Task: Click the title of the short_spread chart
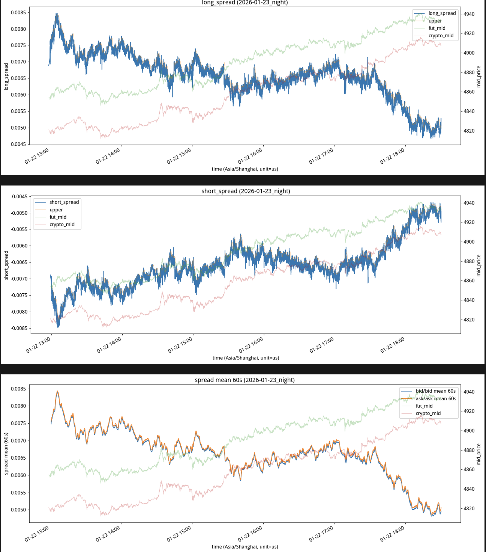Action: pos(246,191)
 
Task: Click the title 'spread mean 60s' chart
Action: pos(244,380)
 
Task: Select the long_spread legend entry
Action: pos(442,14)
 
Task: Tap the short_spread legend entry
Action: pos(64,202)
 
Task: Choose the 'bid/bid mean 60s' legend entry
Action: pos(435,391)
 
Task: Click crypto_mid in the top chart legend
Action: pos(441,36)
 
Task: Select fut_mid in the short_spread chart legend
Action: pos(58,217)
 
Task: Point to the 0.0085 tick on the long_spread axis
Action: pos(18,13)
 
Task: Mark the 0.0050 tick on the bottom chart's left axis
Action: pos(18,510)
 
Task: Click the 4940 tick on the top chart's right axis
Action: pos(469,14)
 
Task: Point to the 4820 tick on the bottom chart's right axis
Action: pos(469,509)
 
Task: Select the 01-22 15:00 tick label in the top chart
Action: pos(179,156)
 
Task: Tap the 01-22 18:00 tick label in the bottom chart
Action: pos(392,534)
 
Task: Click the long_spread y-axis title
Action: pos(6,77)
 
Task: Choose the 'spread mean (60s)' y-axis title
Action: pos(6,454)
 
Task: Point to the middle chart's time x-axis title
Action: pos(246,358)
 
